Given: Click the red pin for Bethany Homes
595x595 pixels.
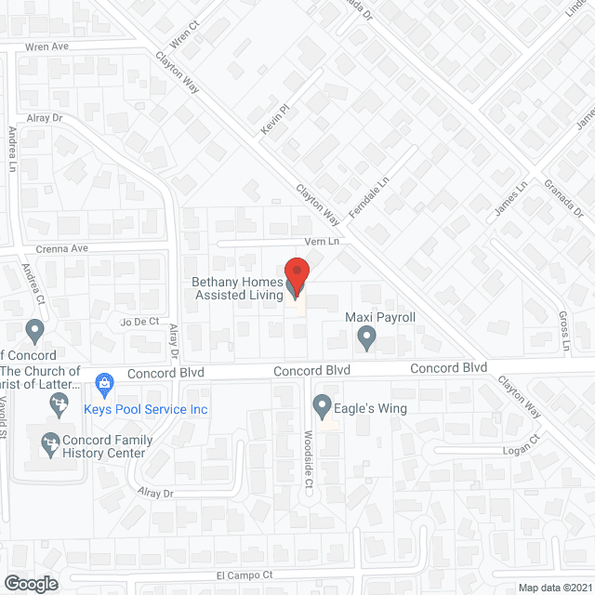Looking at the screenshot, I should tap(296, 276).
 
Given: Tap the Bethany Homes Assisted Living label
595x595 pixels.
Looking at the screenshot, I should tap(237, 289).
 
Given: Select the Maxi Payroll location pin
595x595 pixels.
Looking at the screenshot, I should tap(367, 336).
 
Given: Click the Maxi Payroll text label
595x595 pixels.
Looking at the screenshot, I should tap(379, 317).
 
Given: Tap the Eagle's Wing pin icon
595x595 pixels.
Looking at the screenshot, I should tap(323, 406).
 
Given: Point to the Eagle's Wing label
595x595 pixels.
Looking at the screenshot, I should tap(375, 407).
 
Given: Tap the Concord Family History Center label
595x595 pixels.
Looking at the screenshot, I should tap(103, 447).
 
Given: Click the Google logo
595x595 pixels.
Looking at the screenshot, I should tap(30, 583).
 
